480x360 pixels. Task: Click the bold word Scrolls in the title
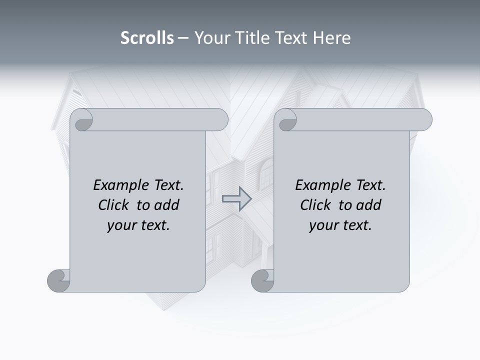(x=147, y=38)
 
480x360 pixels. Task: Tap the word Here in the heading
(x=331, y=38)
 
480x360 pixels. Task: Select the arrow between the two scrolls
(x=236, y=198)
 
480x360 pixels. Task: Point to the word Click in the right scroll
(x=317, y=205)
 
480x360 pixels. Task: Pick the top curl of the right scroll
(x=287, y=120)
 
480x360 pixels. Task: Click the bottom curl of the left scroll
(x=59, y=280)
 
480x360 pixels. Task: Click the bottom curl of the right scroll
(x=262, y=280)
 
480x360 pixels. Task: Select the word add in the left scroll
(x=166, y=205)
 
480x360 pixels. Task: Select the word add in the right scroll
(x=368, y=205)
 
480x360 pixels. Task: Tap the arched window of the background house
(x=267, y=172)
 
